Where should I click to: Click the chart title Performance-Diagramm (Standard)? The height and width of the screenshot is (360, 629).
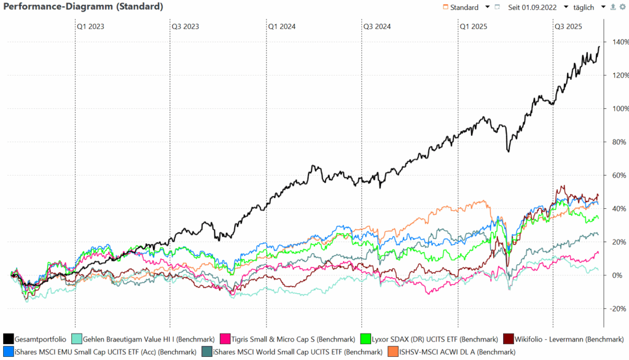(84, 7)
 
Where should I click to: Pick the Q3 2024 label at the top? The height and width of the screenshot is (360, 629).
(377, 26)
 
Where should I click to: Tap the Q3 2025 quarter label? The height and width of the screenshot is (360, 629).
(568, 26)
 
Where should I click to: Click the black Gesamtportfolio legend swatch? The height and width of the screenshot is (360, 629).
(8, 338)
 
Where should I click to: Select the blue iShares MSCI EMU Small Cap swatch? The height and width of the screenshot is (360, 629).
(8, 352)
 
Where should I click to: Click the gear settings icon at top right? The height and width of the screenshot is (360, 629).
(622, 7)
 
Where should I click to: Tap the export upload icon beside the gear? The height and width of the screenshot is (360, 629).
(612, 7)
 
